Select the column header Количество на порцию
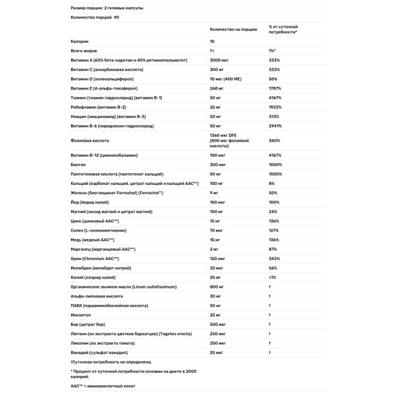point(232,29)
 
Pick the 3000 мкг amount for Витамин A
point(220,60)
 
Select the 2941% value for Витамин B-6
point(275,124)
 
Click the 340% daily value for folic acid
point(274,140)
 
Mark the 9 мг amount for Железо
point(215,193)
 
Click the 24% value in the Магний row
point(273,211)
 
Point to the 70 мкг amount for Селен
point(217,230)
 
